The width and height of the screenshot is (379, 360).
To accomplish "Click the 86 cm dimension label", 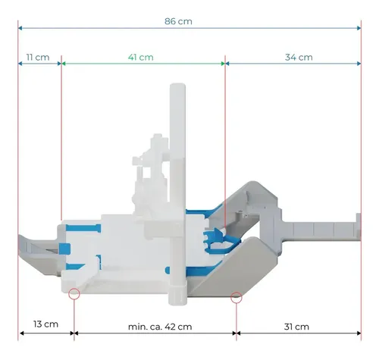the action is [178, 21].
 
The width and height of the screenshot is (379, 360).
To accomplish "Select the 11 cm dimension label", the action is [38, 57].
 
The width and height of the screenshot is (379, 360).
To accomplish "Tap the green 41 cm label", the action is [141, 57].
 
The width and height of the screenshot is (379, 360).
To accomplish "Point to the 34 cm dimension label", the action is [299, 57].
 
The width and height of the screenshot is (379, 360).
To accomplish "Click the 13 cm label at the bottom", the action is [45, 324].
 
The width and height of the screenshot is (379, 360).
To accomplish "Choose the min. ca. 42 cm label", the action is [160, 327].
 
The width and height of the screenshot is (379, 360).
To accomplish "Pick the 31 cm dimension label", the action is [296, 327].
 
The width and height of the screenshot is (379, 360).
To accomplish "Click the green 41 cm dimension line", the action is [143, 64].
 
